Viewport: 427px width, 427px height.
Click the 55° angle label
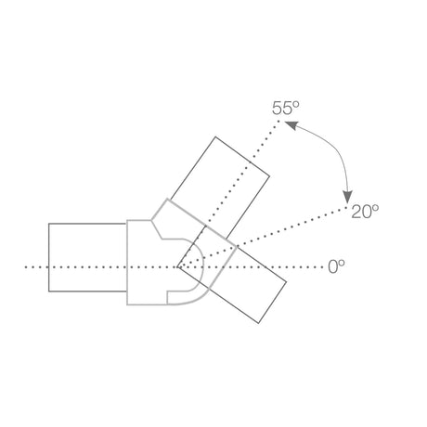286,109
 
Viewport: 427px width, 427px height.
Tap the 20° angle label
365,212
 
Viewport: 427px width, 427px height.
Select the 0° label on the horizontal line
337,266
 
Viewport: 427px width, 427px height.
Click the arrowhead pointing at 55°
287,125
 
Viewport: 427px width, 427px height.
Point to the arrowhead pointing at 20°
346,199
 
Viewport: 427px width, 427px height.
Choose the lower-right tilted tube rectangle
251,284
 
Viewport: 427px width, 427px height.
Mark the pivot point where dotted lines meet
179,267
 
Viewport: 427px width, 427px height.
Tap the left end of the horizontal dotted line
26,267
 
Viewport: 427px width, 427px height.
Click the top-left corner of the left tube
48,223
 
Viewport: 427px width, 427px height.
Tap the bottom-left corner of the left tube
48,291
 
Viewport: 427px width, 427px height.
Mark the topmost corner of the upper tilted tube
216,136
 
